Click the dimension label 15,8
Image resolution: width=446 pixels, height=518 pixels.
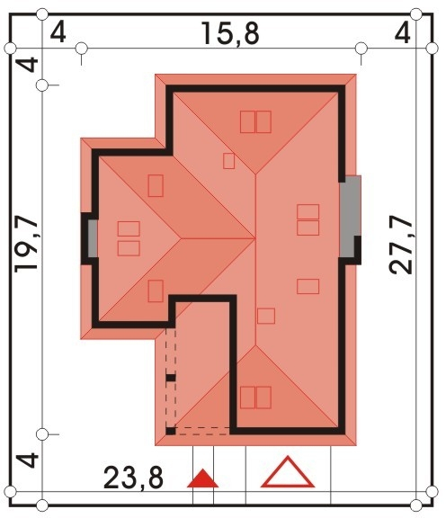(x=230, y=33)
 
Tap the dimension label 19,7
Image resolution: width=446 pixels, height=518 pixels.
(x=26, y=246)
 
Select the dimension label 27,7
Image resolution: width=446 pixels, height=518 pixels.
(x=401, y=246)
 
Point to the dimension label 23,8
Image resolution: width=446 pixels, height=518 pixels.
(x=133, y=478)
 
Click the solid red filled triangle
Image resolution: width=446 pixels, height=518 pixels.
(x=202, y=478)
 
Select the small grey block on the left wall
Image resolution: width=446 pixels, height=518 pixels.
(x=93, y=238)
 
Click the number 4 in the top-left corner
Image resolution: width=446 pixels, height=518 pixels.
(x=58, y=32)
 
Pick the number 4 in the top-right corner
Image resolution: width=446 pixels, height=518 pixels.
(x=403, y=32)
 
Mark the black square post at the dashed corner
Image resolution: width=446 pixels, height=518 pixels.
(x=171, y=431)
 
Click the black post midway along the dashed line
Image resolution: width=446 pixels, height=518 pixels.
(x=171, y=378)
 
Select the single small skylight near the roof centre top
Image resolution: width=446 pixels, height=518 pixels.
(x=228, y=161)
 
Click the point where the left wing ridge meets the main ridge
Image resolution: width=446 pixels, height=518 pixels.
(x=255, y=237)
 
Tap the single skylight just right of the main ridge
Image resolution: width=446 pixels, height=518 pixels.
(x=266, y=316)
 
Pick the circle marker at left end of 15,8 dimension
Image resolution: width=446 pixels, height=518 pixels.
(x=81, y=49)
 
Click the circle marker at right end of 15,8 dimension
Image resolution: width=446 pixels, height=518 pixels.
(x=361, y=49)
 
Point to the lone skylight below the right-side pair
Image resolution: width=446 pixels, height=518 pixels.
(x=308, y=286)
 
